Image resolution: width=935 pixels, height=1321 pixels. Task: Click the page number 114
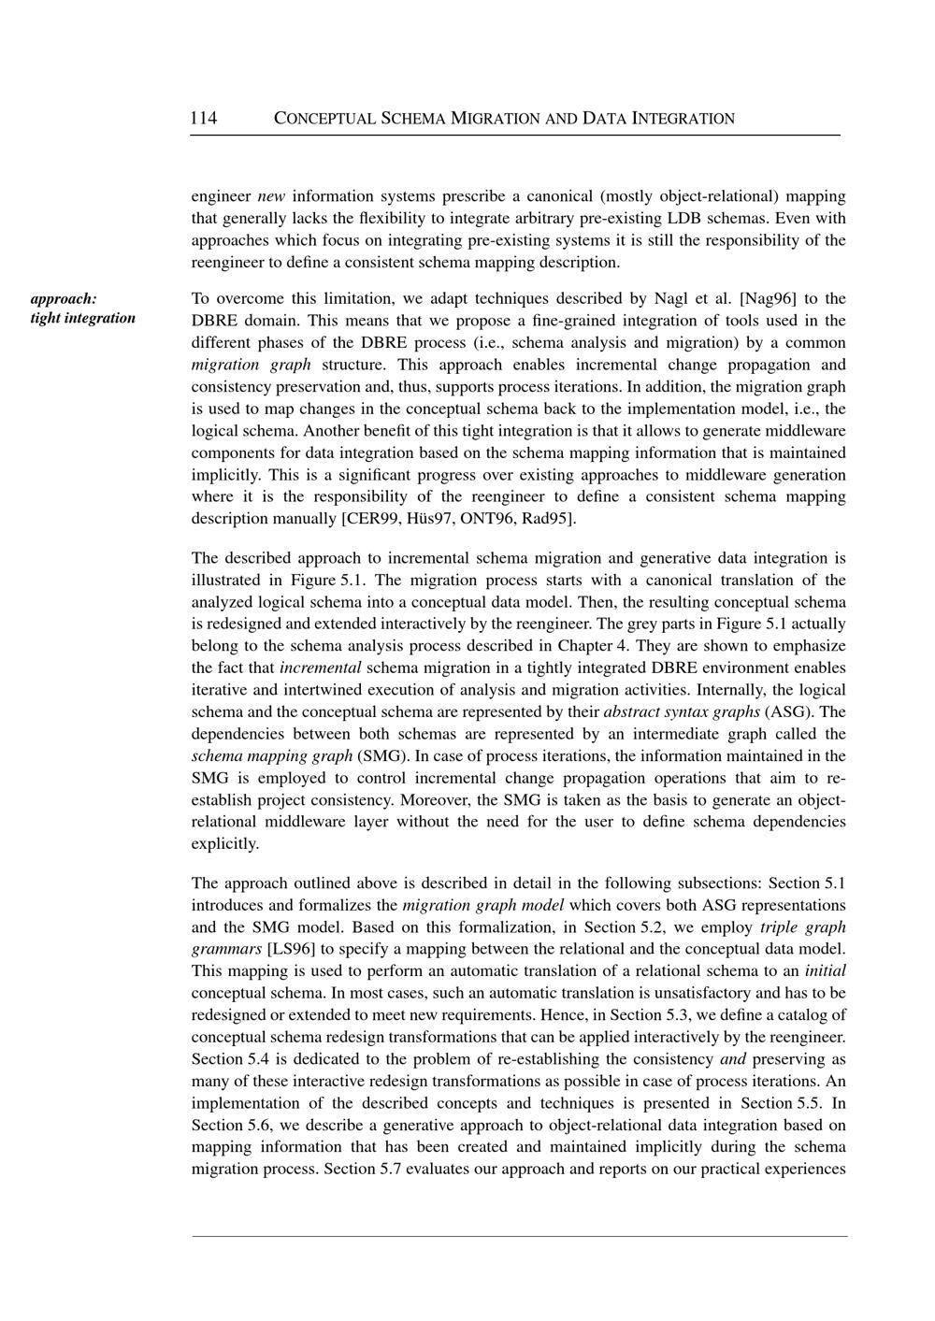(x=203, y=118)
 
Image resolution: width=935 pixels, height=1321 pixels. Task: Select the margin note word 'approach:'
(x=64, y=299)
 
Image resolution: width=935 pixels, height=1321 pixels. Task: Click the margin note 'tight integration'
(x=82, y=318)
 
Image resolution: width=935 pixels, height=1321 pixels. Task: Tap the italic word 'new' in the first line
(x=271, y=196)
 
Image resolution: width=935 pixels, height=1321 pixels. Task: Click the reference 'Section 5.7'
(x=362, y=1169)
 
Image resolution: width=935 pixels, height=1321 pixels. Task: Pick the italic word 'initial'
(x=825, y=971)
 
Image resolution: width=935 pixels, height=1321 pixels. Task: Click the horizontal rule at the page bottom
(x=519, y=1237)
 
